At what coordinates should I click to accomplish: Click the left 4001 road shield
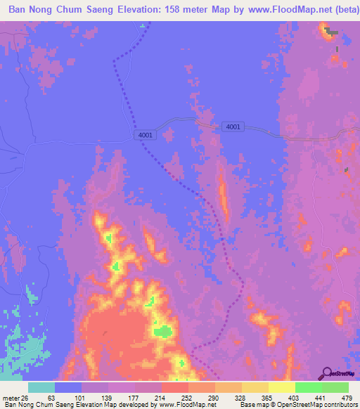pos(146,135)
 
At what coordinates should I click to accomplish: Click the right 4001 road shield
pos(233,126)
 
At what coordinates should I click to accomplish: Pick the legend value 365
pos(266,397)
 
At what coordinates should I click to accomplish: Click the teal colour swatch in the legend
pos(41,387)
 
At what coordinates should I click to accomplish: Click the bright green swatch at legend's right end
pos(335,387)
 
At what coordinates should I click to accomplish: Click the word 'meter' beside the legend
pos(9,397)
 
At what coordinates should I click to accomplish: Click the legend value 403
pos(295,397)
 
